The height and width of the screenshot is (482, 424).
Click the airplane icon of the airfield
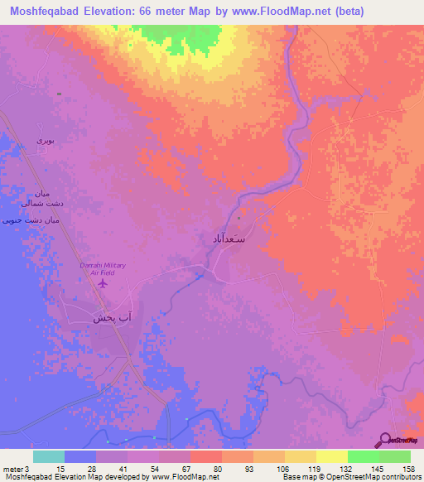click(x=103, y=284)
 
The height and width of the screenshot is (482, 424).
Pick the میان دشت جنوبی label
click(x=32, y=220)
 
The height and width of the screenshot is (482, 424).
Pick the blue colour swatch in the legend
click(x=80, y=456)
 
